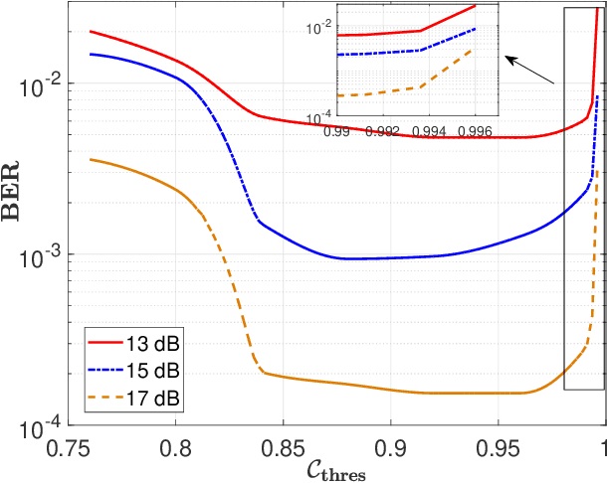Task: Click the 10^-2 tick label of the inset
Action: tap(321, 29)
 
